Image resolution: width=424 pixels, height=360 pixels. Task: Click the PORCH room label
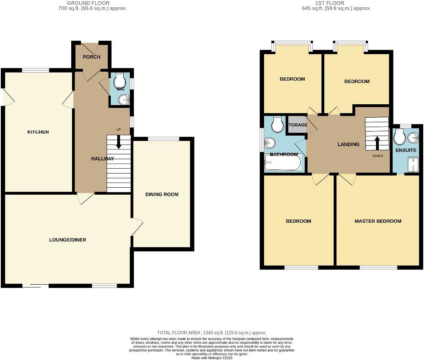tap(92, 57)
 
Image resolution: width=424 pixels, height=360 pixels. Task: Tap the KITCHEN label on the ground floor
tap(38, 132)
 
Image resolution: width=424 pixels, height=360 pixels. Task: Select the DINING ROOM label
tap(162, 194)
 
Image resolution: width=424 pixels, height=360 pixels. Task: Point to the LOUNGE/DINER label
tap(68, 240)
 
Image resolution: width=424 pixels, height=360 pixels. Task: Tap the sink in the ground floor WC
tap(123, 99)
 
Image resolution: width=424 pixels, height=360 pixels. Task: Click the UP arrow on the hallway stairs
tap(119, 143)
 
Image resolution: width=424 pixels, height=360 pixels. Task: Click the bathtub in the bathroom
tap(283, 164)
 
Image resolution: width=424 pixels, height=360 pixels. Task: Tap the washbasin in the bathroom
tap(270, 143)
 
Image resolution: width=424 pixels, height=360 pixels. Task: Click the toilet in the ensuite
tap(399, 137)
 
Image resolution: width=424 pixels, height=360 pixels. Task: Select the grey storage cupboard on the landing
tap(297, 125)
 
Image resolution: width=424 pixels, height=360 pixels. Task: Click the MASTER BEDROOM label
tap(378, 221)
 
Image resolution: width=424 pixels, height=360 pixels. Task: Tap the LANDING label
tap(348, 144)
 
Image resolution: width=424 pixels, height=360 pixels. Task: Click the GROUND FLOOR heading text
tap(88, 3)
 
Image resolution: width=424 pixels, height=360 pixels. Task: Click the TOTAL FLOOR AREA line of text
tap(212, 333)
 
